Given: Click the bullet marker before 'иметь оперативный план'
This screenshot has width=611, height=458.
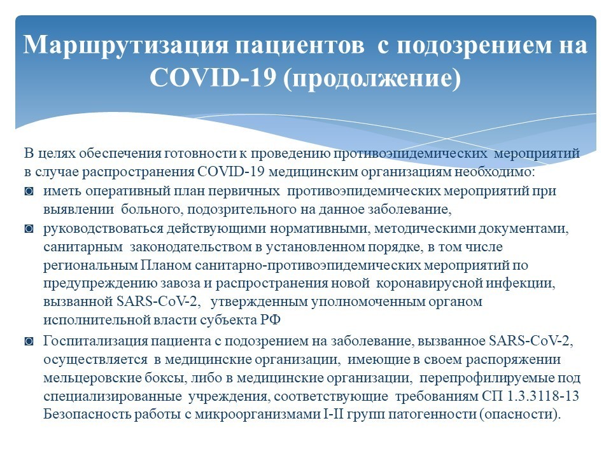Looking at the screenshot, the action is [29, 191].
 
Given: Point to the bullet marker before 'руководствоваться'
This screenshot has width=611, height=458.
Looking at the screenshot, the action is [29, 228].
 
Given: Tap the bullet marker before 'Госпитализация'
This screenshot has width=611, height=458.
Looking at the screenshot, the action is [29, 342].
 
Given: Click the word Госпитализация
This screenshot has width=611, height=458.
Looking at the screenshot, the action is [95, 342].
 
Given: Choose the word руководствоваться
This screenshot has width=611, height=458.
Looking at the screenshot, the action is [103, 229].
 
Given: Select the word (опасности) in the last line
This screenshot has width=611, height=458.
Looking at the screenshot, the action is [518, 414].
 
